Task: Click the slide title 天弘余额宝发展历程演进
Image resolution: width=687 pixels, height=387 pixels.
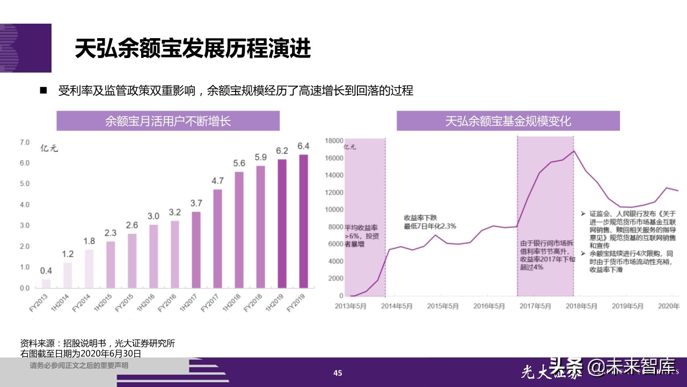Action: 192,49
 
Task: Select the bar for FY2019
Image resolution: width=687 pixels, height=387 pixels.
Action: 303,221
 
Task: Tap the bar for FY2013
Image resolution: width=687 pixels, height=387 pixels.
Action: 46,283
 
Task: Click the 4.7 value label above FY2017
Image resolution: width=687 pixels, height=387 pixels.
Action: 217,181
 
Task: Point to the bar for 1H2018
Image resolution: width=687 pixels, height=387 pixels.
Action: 239,230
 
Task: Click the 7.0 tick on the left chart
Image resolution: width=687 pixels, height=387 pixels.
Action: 25,142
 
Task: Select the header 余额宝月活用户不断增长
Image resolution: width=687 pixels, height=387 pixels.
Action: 169,121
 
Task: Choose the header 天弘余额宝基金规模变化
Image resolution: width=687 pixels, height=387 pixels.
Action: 508,121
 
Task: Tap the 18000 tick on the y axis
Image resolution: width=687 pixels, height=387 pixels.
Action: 334,141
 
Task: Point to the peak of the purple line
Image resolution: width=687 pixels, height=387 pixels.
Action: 574,150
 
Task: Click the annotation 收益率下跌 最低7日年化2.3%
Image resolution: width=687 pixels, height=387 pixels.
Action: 429,222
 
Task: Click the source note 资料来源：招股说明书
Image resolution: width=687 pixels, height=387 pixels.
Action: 97,343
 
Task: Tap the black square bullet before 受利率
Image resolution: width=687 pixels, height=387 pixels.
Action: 43,90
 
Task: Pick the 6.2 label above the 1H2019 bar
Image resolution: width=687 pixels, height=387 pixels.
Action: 282,150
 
